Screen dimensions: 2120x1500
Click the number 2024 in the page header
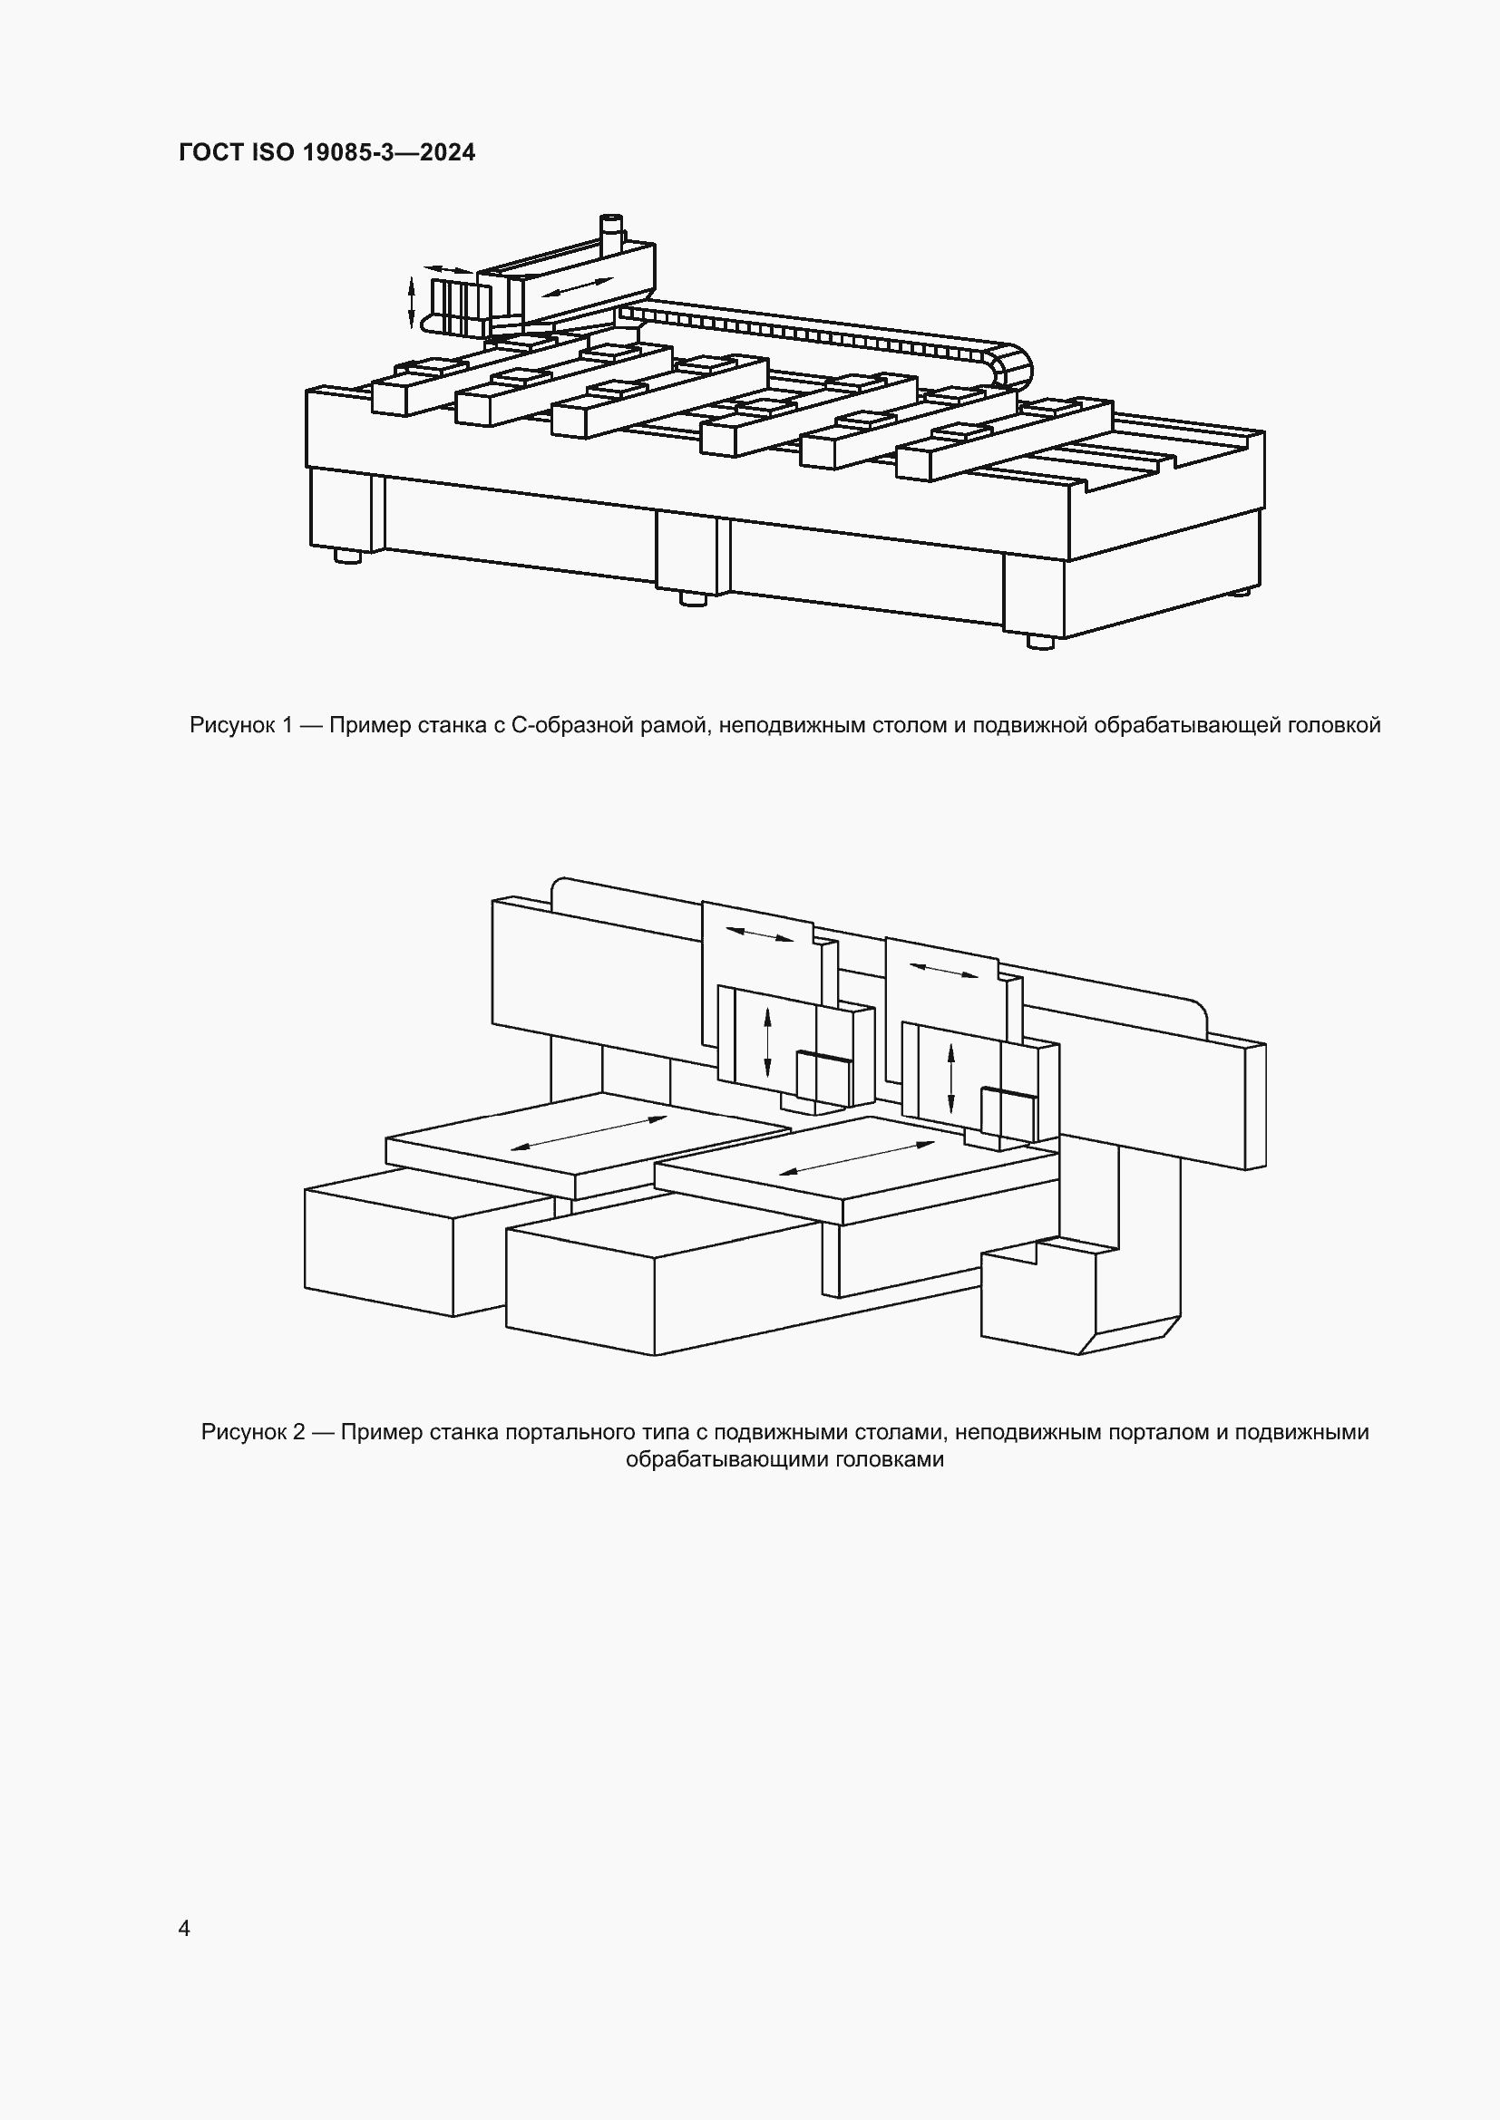tap(447, 152)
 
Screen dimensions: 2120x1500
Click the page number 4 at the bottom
tap(184, 1928)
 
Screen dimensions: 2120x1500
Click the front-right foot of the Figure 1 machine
tap(1040, 642)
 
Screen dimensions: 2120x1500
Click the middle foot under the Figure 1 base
tap(693, 598)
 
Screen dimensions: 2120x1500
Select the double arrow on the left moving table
tap(589, 1133)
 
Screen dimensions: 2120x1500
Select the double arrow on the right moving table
tap(857, 1157)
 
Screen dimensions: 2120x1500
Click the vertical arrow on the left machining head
tap(767, 1043)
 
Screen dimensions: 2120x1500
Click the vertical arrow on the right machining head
tap(951, 1077)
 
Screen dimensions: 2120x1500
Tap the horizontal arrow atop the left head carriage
tap(758, 934)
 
